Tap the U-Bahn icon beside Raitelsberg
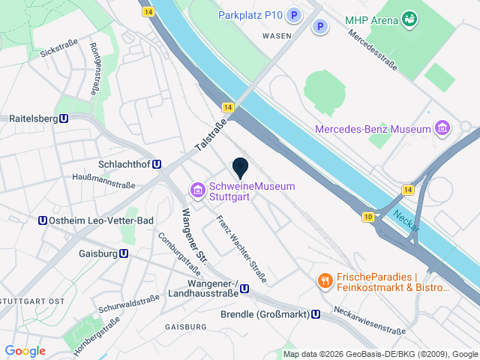coord(64,118)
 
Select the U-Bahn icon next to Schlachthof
coord(157,164)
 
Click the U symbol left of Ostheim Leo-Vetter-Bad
coord(42,220)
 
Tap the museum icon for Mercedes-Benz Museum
coord(442,129)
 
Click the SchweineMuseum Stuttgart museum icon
coord(198,192)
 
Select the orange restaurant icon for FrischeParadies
coord(325,280)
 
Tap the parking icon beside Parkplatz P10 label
coord(295,15)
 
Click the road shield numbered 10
coord(367,217)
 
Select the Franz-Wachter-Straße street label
coord(241,249)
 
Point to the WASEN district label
coord(277,35)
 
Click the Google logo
coord(25,351)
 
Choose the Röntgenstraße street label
coord(94,68)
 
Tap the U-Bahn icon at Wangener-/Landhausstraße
coord(244,287)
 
